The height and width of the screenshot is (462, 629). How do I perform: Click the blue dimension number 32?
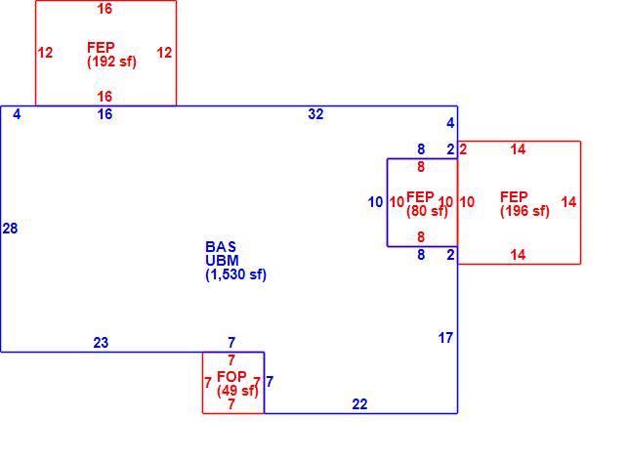pyautogui.click(x=315, y=114)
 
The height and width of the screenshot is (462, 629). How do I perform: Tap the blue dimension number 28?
pyautogui.click(x=10, y=229)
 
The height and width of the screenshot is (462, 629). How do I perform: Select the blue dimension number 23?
pyautogui.click(x=101, y=343)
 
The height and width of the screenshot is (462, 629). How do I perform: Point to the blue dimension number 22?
pyautogui.click(x=359, y=403)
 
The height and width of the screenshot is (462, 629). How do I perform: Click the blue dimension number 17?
pyautogui.click(x=445, y=338)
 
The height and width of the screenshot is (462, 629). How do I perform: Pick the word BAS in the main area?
pyautogui.click(x=221, y=247)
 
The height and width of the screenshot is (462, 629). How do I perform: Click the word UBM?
pyautogui.click(x=222, y=261)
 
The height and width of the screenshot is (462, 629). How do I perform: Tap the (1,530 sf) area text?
pyautogui.click(x=236, y=274)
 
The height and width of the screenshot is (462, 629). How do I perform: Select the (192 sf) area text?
pyautogui.click(x=112, y=62)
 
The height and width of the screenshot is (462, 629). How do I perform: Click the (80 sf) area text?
pyautogui.click(x=427, y=211)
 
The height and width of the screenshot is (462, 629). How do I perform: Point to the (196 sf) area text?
pyautogui.click(x=524, y=211)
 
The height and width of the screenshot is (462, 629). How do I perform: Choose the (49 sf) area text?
pyautogui.click(x=238, y=391)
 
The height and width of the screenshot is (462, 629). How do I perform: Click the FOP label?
pyautogui.click(x=231, y=377)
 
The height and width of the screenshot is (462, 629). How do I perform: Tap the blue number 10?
pyautogui.click(x=375, y=202)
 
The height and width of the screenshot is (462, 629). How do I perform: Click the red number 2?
pyautogui.click(x=463, y=149)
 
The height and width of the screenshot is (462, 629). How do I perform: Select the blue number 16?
pyautogui.click(x=105, y=114)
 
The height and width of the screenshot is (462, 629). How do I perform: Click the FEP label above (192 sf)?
pyautogui.click(x=101, y=47)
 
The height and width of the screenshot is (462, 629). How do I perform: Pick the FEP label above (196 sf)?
pyautogui.click(x=514, y=197)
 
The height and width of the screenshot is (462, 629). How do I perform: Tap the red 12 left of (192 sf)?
pyautogui.click(x=45, y=53)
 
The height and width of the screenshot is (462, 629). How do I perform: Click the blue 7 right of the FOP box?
pyautogui.click(x=270, y=381)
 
